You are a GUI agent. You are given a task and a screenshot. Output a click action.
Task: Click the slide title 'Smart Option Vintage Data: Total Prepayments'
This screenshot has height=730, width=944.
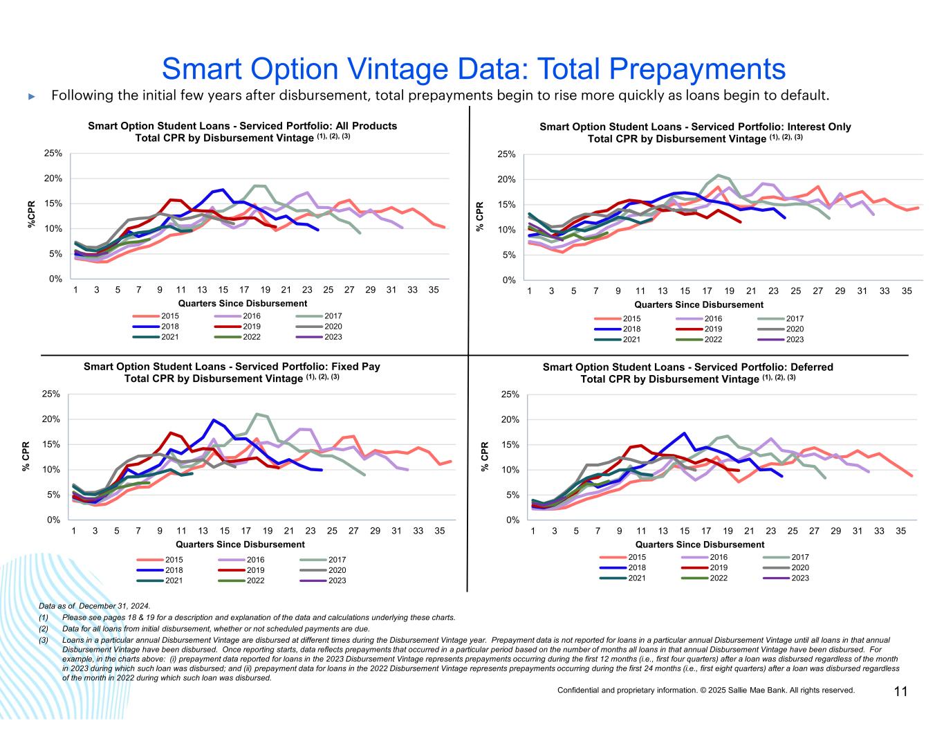[x=473, y=69]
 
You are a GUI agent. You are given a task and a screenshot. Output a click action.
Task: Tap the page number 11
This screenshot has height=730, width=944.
[x=900, y=691]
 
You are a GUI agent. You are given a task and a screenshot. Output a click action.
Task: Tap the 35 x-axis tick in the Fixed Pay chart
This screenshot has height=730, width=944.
[x=439, y=531]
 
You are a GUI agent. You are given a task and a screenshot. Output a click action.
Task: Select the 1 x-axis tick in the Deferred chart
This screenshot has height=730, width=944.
[x=533, y=531]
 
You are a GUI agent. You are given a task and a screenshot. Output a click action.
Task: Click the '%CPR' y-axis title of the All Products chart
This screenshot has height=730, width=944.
[x=31, y=215]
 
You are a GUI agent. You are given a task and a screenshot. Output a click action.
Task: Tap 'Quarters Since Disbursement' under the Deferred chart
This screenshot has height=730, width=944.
[x=700, y=545]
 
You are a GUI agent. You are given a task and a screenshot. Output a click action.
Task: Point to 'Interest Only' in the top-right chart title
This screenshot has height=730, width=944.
[x=820, y=127]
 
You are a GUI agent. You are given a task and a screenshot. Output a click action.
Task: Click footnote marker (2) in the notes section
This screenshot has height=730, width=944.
[x=44, y=629]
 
